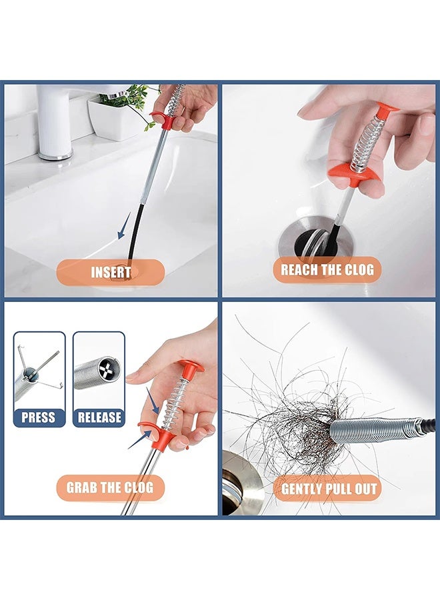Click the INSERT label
coord(111,272)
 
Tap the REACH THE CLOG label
coord(327,270)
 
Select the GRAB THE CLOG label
coord(110,487)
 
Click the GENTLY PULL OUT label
coord(329,489)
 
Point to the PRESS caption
coord(39,417)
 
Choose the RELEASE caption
coord(99,417)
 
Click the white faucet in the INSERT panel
coord(55,120)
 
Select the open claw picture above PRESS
coord(39,377)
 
